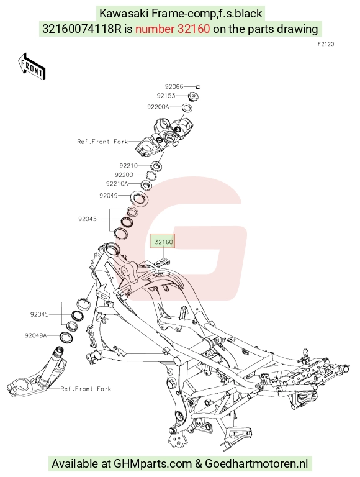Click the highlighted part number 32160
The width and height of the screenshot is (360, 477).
point(164,242)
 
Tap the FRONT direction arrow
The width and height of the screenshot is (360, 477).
point(32,67)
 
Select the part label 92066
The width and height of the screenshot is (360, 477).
point(174,87)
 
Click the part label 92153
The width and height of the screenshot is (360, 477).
point(166,96)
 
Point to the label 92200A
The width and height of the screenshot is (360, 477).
point(158,107)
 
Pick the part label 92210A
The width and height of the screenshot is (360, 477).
point(117,183)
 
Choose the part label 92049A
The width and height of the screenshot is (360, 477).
point(36,335)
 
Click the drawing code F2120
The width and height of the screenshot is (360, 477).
point(326,44)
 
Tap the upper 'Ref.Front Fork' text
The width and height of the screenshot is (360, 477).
point(102,142)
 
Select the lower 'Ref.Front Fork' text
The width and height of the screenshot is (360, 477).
point(86,389)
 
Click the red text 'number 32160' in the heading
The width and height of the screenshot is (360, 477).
point(173,29)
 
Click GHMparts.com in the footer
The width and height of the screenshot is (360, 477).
point(153,464)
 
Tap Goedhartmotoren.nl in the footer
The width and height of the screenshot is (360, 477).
point(256,464)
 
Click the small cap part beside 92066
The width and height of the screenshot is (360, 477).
point(197,87)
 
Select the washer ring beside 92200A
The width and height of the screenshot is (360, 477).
point(187,108)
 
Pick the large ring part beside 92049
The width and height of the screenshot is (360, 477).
point(139,199)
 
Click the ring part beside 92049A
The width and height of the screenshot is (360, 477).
point(66,337)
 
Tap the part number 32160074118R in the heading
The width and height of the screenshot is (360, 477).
point(83,29)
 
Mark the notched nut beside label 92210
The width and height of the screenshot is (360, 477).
point(156,166)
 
